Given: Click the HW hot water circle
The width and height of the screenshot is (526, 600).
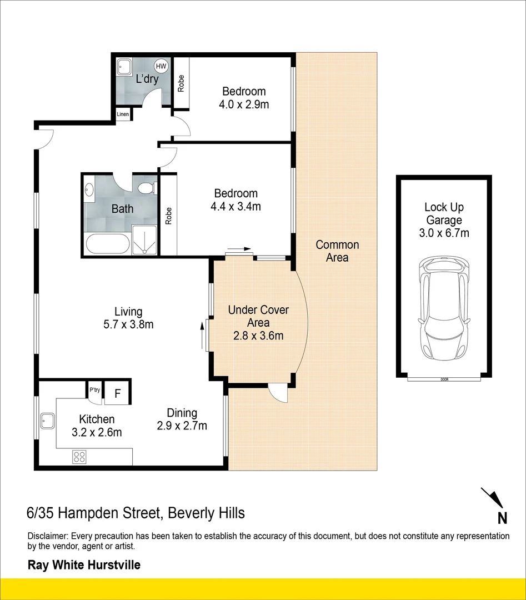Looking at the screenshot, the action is tap(161, 66).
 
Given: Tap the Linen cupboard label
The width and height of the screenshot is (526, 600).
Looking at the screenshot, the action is tap(123, 114).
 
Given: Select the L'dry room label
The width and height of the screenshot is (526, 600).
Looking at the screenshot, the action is tap(147, 79).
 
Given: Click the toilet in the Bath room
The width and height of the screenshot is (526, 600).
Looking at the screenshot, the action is tap(147, 188).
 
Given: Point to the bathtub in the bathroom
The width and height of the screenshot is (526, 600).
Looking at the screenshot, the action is tap(108, 244).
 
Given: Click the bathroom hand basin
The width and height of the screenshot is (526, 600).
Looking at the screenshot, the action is tap(89, 189).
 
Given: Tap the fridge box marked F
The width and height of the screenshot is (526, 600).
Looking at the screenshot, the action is tap(118, 393).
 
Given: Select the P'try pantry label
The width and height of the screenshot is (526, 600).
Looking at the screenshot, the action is tap(94, 390).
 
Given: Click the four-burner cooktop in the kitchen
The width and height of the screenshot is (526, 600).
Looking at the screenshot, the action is tap(79, 457).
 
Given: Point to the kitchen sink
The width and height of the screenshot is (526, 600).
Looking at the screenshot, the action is tap(48, 421).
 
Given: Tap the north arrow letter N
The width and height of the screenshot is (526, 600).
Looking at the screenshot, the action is tap(502, 518).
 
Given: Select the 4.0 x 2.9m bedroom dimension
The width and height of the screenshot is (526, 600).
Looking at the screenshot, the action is tap(244, 104).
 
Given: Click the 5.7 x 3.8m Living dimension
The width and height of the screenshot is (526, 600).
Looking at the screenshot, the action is tap(128, 324).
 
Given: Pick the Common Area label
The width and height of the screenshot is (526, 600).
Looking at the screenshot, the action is tap(337, 251).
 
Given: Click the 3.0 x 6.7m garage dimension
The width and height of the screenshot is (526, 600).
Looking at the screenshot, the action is tap(444, 233).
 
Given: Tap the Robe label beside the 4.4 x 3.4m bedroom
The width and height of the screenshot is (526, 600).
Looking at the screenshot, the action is tap(168, 216).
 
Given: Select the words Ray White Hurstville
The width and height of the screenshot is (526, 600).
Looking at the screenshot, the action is tap(84, 565).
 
